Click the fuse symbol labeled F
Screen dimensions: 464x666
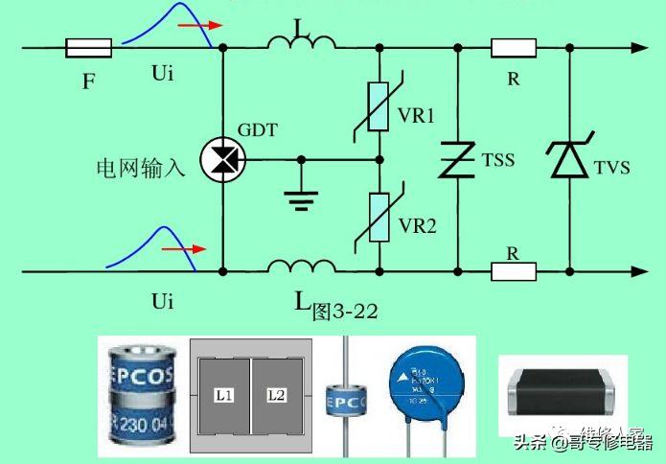point(88,46)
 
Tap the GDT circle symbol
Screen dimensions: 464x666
point(222,159)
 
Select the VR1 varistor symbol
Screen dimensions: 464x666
point(379,104)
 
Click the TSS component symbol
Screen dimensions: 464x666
point(458,159)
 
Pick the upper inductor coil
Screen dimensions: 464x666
point(301,42)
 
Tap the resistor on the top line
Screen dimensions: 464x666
point(515,46)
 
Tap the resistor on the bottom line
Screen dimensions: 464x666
point(515,272)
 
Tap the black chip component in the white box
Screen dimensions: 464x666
point(563,390)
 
